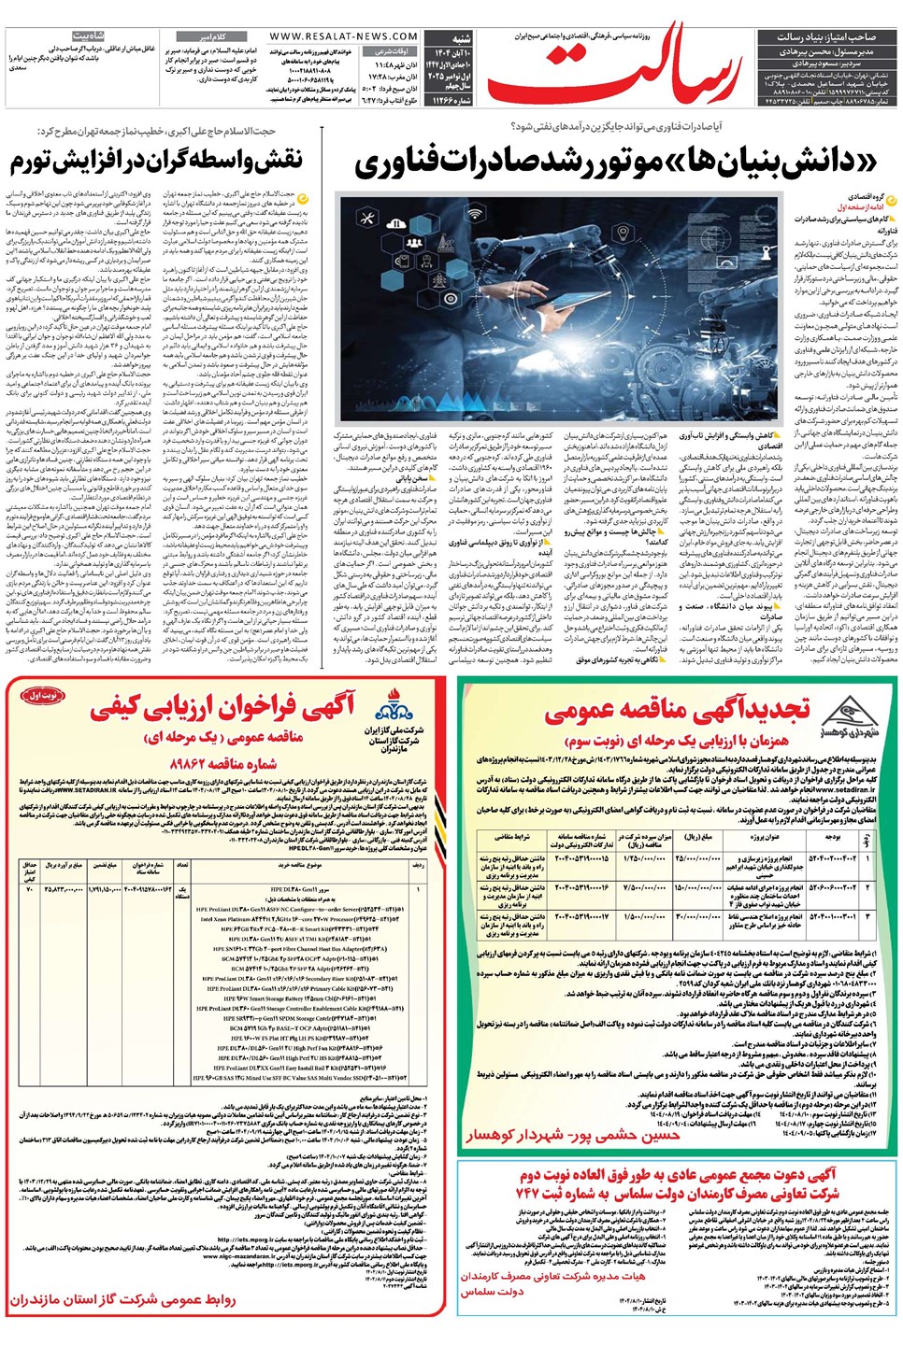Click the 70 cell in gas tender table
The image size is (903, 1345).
[x=29, y=887]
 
